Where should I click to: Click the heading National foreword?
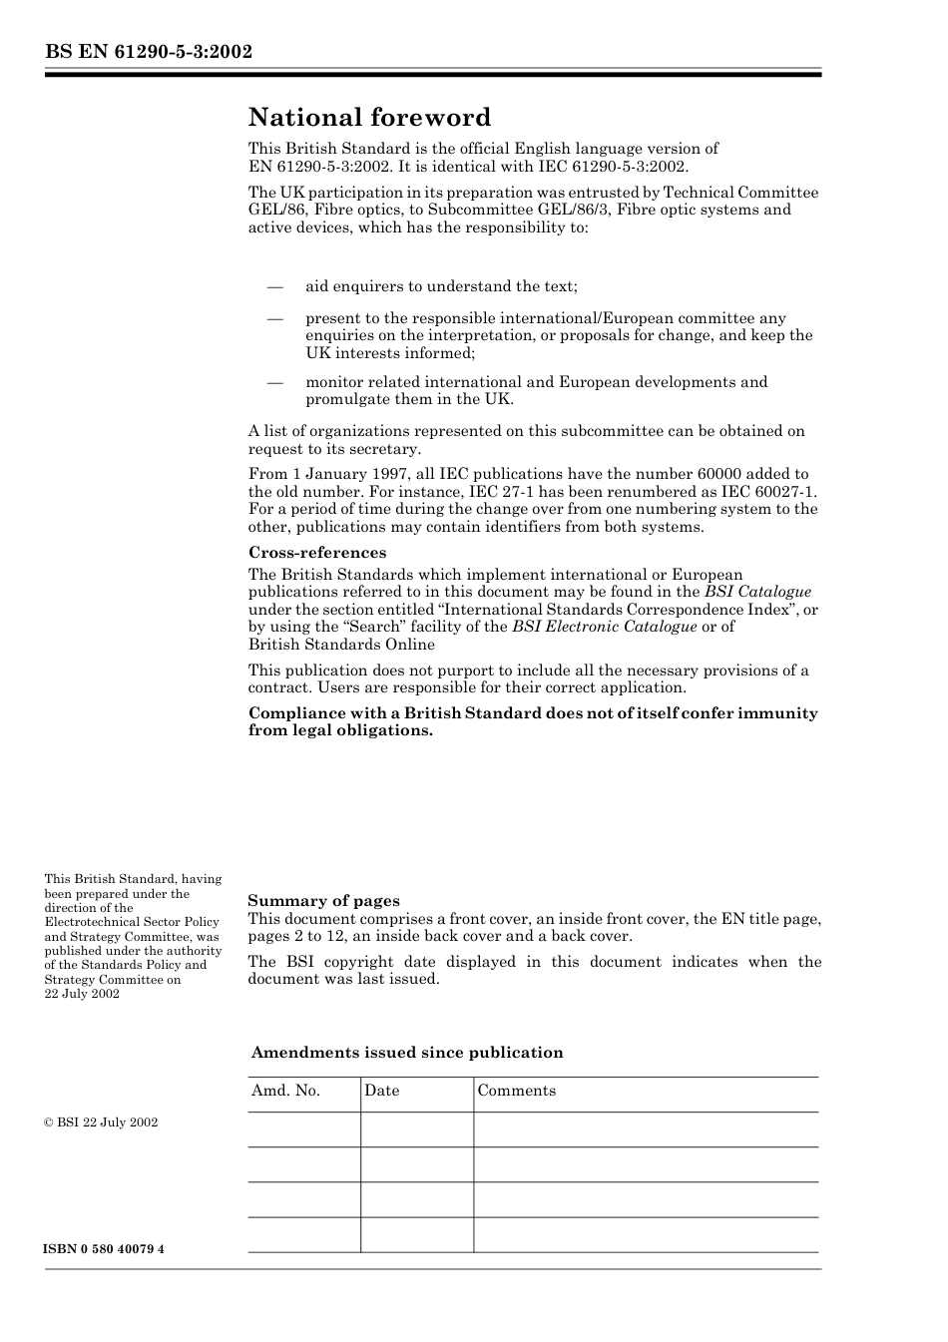369,118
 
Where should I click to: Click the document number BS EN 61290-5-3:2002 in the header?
148,52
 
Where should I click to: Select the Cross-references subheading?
316,553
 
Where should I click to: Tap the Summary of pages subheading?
323,901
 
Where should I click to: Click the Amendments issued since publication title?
406,1053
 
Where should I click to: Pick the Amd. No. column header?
285,1091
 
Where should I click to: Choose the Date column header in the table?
381,1091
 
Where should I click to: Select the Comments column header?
516,1091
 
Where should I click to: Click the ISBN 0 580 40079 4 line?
104,1249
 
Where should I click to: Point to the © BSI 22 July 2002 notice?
101,1122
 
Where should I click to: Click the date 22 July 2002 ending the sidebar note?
82,994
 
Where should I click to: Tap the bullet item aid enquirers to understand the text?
441,286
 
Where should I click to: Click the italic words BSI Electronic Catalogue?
604,627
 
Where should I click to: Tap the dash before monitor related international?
275,382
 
